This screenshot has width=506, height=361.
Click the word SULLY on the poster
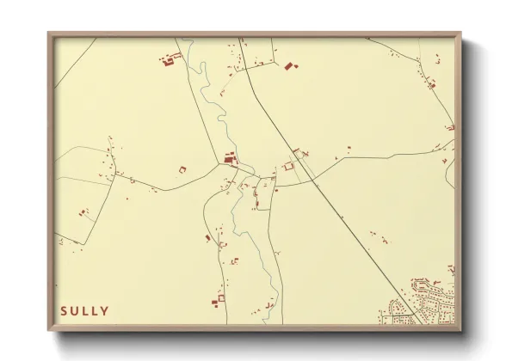coord(84,311)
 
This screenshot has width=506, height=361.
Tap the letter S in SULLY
coord(64,311)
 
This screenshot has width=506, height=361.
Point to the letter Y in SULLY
coord(106,311)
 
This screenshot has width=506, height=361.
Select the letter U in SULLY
coord(75,311)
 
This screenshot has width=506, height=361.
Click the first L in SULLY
coord(86,311)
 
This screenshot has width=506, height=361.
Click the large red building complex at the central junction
coord(229,157)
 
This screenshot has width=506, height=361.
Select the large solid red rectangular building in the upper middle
coord(289,64)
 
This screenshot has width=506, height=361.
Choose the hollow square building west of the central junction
coord(182,168)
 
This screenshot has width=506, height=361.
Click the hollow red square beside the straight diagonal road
coord(289,166)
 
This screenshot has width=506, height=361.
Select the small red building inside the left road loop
coord(83,211)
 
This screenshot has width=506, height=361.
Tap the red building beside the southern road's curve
coord(208,237)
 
